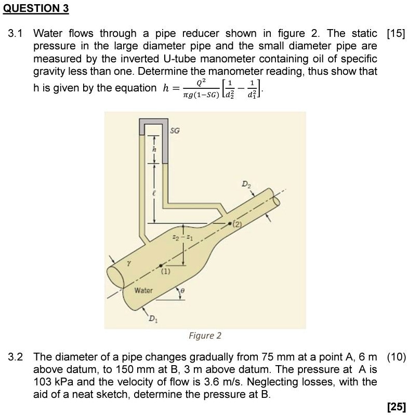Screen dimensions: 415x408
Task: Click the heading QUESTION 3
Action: pos(35,9)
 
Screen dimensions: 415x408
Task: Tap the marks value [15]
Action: pos(396,34)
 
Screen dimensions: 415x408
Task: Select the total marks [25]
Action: pos(396,406)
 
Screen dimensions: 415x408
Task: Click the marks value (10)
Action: pos(397,357)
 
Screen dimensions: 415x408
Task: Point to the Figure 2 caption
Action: pos(205,336)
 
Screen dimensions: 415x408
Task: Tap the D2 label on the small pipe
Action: pos(245,184)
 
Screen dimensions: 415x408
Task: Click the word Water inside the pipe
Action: pos(143,290)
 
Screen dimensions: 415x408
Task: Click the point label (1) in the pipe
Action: pos(166,271)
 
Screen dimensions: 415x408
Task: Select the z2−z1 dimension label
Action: pos(173,237)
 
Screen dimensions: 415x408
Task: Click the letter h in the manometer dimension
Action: pos(153,150)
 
